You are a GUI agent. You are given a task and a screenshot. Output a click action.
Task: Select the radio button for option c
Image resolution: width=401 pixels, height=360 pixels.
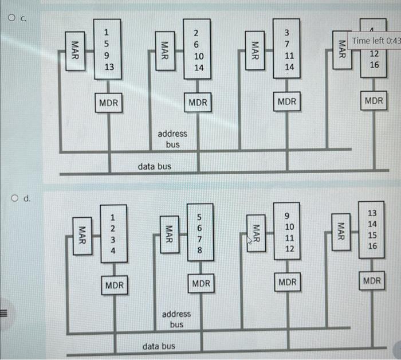[12, 18]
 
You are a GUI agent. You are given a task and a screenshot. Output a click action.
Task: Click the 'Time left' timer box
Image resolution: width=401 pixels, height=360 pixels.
[376, 40]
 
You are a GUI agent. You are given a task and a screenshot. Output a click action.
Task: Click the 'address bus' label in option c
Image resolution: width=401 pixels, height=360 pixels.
[172, 139]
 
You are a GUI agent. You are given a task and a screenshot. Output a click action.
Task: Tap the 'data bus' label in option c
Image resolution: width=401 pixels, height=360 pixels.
[154, 166]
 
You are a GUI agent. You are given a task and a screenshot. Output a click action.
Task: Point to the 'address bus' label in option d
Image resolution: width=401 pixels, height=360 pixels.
[176, 319]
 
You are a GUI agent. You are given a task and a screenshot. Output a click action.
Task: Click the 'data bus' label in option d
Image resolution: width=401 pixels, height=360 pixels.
[159, 346]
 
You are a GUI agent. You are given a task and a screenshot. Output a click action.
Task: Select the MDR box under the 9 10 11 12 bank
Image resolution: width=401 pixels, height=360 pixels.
[288, 282]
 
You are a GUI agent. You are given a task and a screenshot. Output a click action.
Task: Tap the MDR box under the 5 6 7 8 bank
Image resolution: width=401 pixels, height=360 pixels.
[201, 283]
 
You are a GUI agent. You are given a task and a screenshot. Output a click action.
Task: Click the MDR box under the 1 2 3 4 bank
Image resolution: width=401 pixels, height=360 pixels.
[115, 284]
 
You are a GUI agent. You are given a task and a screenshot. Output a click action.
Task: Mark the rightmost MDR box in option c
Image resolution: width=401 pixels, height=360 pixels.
[374, 101]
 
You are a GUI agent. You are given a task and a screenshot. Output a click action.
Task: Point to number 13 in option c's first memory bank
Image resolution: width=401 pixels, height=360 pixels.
[109, 67]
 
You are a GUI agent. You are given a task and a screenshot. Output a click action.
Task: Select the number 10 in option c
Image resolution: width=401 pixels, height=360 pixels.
[199, 56]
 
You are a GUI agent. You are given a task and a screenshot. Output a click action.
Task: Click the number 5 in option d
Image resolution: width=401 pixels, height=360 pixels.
[199, 217]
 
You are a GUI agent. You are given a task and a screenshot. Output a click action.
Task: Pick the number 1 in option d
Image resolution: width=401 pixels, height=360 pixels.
[113, 217]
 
